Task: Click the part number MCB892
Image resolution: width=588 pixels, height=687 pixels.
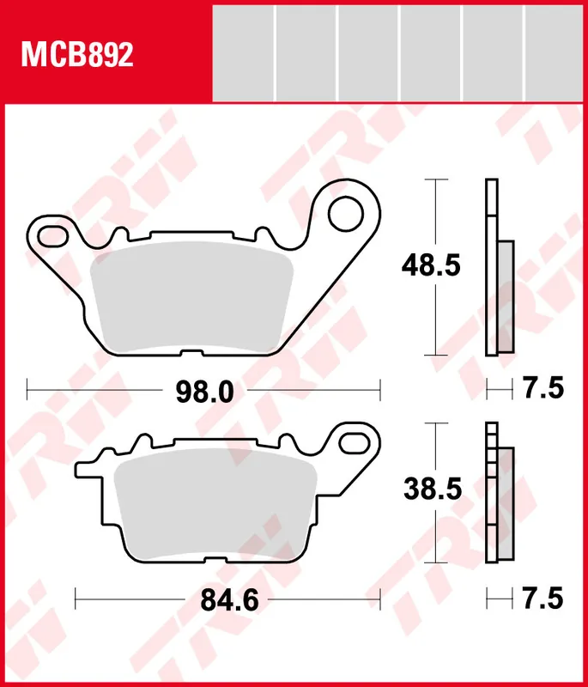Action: tap(77, 56)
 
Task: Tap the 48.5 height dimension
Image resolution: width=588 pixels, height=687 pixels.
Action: tap(431, 266)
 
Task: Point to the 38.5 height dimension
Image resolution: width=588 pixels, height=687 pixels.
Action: tap(432, 490)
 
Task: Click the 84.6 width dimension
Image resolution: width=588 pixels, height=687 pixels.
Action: tap(229, 600)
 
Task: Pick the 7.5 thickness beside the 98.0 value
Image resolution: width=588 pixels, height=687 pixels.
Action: tap(543, 389)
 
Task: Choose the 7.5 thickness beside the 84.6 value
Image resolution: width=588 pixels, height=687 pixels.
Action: tap(543, 598)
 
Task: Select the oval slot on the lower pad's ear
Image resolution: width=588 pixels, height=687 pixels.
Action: tap(354, 441)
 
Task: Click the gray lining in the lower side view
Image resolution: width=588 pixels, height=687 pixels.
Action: tap(505, 505)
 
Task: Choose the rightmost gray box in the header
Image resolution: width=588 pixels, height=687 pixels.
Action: tap(555, 52)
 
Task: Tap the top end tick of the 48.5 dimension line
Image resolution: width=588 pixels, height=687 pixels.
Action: tap(438, 179)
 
